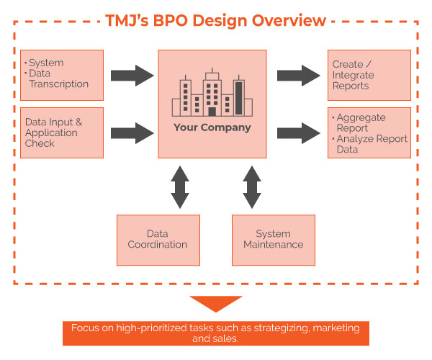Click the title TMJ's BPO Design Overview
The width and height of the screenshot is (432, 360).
point(215,20)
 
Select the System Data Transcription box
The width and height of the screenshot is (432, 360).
point(62,75)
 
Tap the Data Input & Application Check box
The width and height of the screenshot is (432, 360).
point(62,132)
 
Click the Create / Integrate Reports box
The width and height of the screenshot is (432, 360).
point(369,75)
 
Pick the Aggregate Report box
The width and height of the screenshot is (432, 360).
point(369,132)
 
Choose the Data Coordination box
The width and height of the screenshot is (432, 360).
point(158,239)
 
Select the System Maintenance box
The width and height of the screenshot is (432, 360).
point(273,239)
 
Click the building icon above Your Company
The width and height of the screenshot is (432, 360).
point(212,94)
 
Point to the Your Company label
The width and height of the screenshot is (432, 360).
point(212,128)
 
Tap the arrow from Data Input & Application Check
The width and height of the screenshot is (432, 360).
point(133,132)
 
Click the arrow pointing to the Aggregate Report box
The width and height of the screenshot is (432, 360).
point(298,132)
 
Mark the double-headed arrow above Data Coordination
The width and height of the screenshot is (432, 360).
point(180,186)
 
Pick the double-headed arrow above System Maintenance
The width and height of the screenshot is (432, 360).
point(251,186)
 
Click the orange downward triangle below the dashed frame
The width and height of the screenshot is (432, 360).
point(215,304)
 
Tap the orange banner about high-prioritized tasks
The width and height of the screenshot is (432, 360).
point(215,333)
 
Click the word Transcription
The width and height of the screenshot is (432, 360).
point(59,84)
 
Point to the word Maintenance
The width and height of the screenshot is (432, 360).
point(273,245)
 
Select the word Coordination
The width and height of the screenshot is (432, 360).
point(158,245)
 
